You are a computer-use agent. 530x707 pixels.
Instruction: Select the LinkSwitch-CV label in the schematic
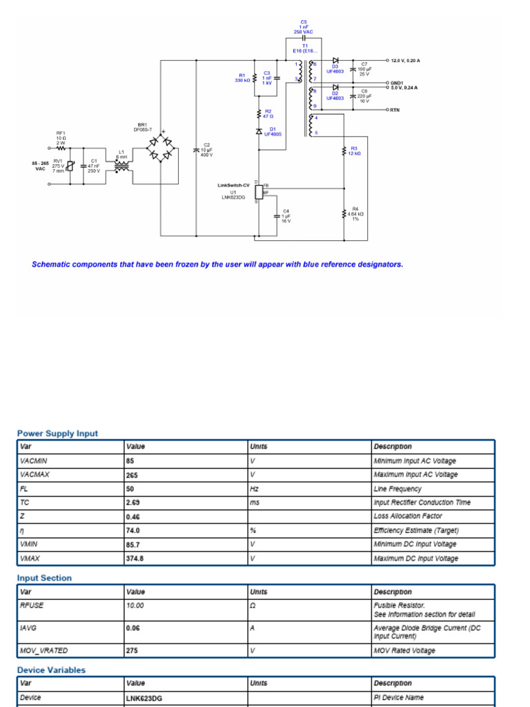(x=234, y=185)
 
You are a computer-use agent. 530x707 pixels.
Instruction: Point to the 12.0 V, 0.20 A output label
(x=405, y=61)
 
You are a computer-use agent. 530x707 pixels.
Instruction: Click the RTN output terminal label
(x=395, y=110)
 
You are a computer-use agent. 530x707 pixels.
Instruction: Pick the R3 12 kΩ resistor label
(x=354, y=151)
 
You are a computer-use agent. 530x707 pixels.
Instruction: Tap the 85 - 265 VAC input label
(x=40, y=165)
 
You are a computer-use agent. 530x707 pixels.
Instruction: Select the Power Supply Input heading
(x=57, y=434)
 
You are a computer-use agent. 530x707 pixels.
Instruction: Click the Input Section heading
(x=44, y=578)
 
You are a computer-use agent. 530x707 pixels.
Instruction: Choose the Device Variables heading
(x=51, y=670)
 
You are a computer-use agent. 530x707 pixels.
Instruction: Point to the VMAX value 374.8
(x=135, y=558)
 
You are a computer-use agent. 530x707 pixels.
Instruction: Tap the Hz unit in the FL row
(x=254, y=489)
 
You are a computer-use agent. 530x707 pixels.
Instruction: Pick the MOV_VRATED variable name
(x=44, y=650)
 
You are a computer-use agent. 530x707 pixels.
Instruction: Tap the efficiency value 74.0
(x=133, y=530)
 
